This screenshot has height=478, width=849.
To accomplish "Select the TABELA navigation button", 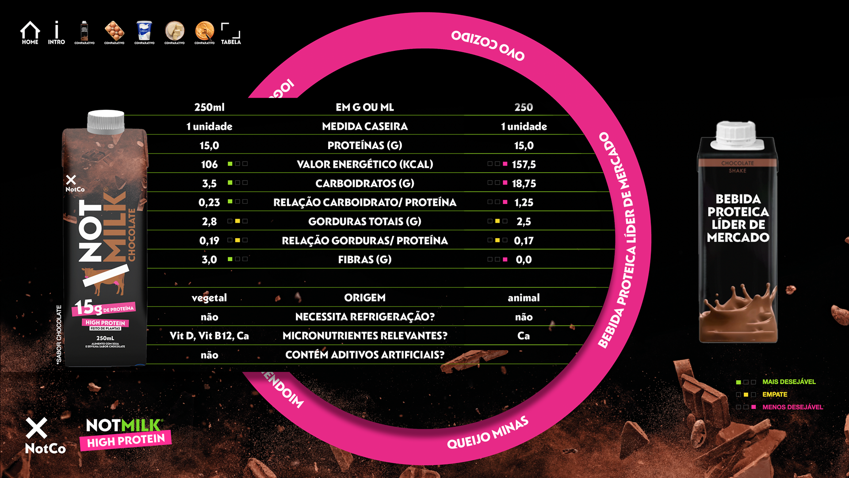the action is [231, 34].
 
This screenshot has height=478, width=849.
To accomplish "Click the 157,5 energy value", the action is [524, 165].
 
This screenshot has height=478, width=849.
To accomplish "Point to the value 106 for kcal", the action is [209, 165].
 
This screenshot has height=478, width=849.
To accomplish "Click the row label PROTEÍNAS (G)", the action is [365, 146].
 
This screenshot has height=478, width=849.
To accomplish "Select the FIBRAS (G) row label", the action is [365, 260].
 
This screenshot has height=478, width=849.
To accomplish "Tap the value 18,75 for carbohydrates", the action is [524, 184].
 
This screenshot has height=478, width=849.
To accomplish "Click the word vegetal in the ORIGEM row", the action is [209, 298].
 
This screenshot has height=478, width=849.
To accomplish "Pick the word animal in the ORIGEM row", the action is [524, 298].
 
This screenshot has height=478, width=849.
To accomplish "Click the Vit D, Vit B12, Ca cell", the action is [209, 336].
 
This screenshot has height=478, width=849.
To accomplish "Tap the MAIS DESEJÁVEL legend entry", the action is [788, 382].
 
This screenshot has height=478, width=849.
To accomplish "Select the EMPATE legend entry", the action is [774, 394].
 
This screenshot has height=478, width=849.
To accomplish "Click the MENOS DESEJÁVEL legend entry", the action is [792, 407].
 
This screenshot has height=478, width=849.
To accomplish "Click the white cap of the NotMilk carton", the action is [106, 121].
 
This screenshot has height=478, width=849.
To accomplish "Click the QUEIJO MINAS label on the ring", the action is [487, 432].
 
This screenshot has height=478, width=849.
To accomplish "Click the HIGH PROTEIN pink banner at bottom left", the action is [126, 441].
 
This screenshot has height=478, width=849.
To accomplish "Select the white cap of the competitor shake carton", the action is [737, 135].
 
